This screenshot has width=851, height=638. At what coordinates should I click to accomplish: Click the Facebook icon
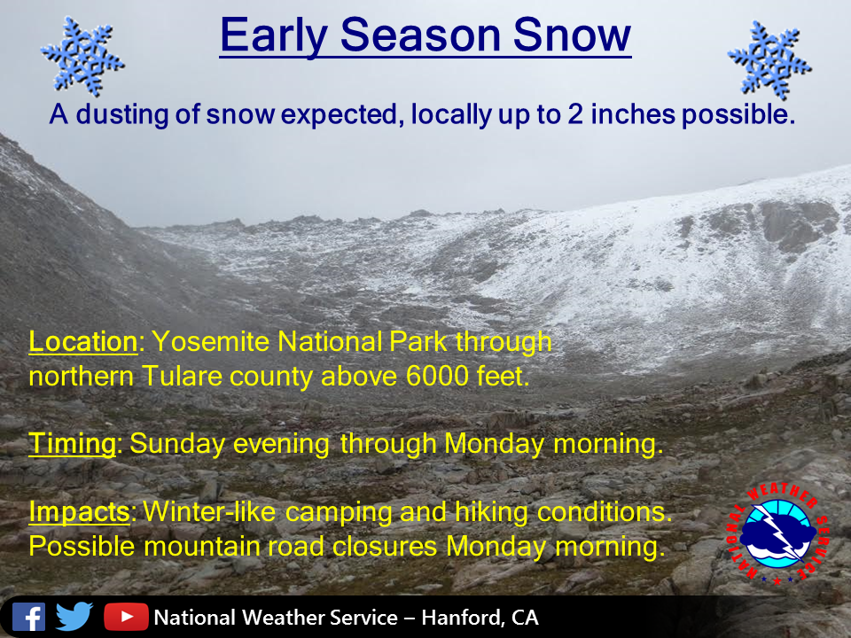click(28, 617)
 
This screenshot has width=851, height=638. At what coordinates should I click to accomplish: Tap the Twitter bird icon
click(74, 617)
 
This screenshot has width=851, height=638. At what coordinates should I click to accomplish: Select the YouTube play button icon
click(126, 617)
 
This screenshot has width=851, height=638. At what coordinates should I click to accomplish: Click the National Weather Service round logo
click(777, 533)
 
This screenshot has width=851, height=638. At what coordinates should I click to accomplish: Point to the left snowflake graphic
click(82, 57)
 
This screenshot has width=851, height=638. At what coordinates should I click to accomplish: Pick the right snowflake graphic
click(769, 59)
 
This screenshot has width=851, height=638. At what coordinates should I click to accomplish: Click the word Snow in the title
click(572, 35)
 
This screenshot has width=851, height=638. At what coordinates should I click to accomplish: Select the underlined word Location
click(83, 342)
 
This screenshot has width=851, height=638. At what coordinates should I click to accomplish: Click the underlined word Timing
click(72, 444)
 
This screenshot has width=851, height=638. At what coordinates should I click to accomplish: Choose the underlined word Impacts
click(79, 512)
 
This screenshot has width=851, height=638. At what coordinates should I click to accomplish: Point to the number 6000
click(437, 376)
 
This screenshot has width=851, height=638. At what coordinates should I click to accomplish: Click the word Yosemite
click(210, 342)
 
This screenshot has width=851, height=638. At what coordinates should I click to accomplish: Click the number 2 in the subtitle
click(575, 114)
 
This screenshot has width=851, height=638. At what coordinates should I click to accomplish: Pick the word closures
click(385, 547)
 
